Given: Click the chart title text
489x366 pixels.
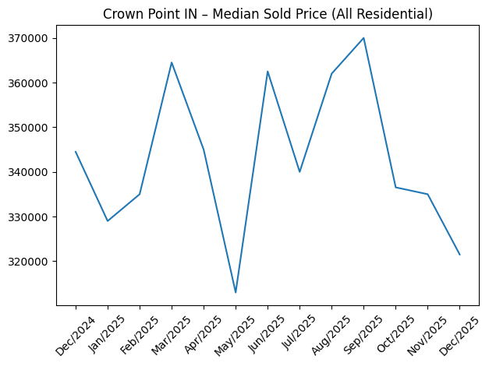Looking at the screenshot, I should click(268, 13).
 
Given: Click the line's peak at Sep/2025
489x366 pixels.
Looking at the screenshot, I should click(363, 38).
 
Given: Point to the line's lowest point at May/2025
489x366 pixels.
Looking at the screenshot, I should click(236, 292).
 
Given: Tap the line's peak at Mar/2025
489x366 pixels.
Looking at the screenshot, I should click(172, 62).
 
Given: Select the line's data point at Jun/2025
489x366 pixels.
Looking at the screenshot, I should click(268, 72).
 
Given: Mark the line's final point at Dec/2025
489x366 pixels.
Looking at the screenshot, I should click(459, 255).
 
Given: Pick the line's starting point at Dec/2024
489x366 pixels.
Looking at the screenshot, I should click(76, 152).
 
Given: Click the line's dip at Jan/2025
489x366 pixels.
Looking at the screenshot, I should click(108, 221).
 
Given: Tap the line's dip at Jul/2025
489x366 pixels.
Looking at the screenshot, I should click(299, 172).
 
